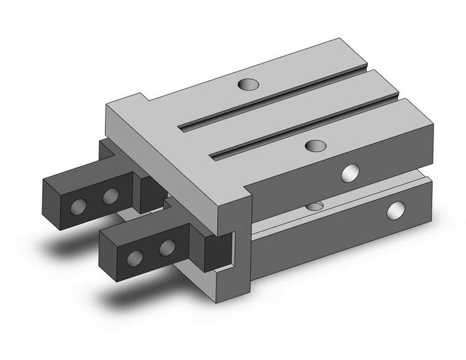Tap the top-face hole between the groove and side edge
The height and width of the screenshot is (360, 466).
click(315, 145)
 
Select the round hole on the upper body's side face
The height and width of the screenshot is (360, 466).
click(351, 174)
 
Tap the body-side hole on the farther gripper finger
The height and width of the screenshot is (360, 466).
click(110, 196)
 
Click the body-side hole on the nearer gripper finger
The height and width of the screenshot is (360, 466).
click(167, 247)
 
